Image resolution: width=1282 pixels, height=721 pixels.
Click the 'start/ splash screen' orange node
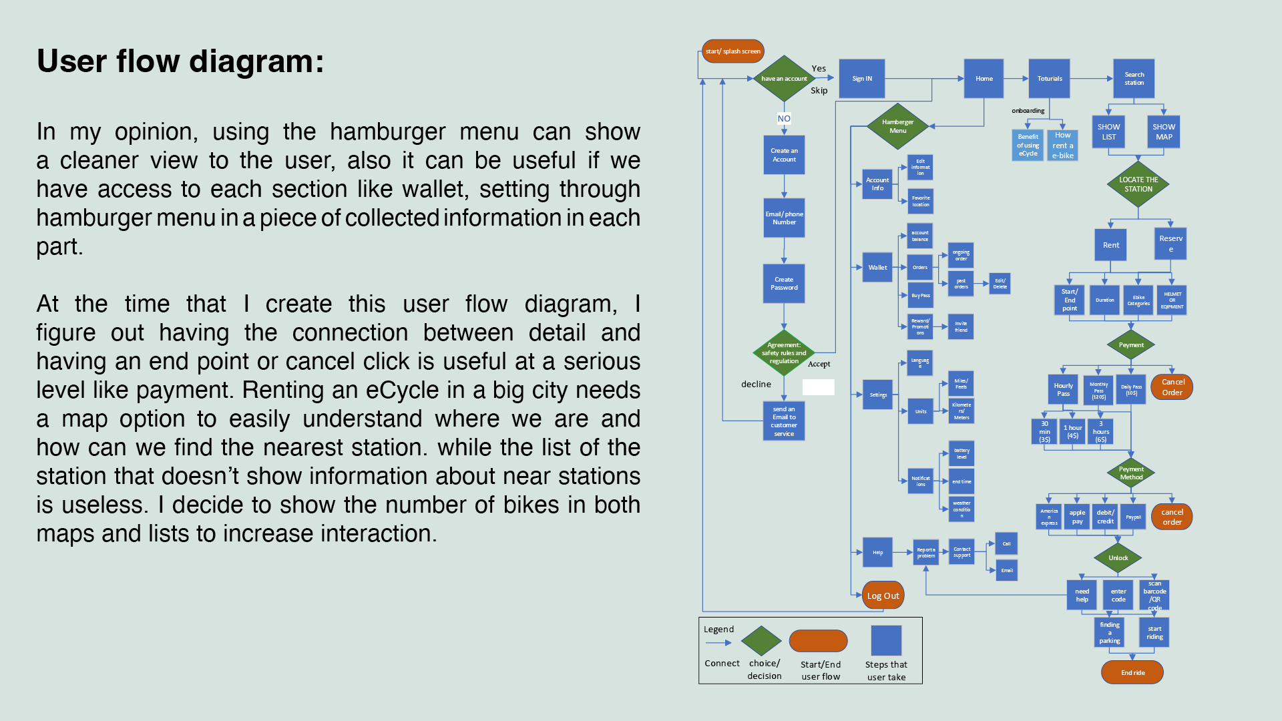[732, 51]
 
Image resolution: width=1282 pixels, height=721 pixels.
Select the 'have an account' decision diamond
[784, 79]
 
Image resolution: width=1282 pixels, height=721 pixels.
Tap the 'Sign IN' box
[861, 79]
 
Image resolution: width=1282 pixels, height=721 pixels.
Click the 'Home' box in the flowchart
[984, 79]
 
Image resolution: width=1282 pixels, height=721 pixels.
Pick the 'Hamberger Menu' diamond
[897, 126]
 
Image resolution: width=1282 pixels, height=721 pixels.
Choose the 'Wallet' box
[877, 268]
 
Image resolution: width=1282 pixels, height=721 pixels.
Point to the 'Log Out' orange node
[883, 595]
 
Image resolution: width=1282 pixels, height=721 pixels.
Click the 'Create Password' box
[784, 284]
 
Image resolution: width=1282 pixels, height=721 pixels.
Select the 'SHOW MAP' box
[1163, 132]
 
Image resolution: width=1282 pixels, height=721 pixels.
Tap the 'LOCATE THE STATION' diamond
[1138, 184]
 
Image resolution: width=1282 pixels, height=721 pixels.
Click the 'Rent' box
[1110, 245]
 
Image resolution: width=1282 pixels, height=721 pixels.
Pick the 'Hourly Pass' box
[1063, 390]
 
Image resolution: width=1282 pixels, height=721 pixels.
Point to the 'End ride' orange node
[1132, 672]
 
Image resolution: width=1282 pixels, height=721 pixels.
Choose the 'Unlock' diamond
[1118, 558]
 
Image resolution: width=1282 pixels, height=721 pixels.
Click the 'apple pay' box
[1077, 517]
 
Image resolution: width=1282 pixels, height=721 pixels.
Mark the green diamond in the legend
[761, 641]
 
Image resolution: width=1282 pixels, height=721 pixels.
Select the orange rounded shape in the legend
[818, 641]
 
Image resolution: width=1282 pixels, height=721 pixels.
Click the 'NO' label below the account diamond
[784, 119]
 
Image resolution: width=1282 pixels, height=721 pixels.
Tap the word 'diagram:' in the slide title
[256, 61]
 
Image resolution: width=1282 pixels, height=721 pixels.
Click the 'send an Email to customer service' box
[784, 421]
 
